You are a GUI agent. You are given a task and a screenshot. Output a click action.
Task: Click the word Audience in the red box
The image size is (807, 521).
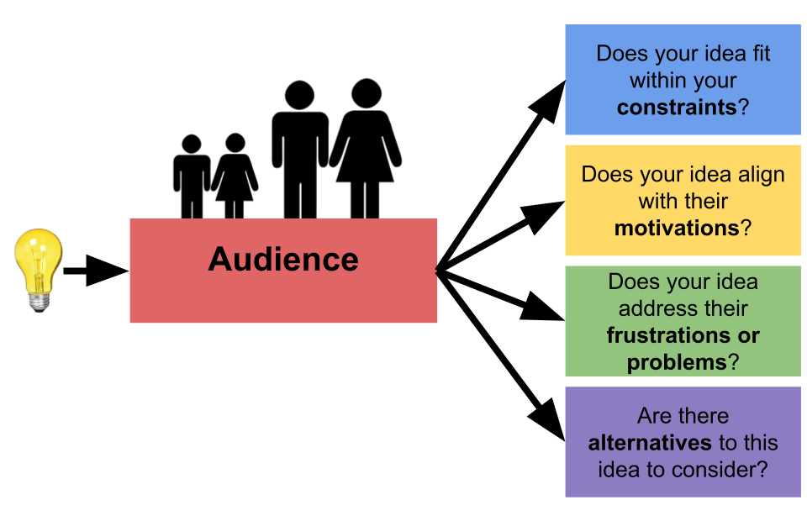283,259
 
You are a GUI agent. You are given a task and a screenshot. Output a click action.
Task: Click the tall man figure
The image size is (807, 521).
298,151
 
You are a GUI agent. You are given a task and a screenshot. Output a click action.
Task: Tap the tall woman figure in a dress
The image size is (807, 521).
366,151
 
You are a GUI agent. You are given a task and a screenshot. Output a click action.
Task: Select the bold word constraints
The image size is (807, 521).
677,108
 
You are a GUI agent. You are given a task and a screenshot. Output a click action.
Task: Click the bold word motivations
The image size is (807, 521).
677,228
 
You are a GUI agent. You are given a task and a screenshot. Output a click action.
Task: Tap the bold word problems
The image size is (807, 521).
676,362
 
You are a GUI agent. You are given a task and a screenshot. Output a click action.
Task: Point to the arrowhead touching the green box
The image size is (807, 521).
544,309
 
